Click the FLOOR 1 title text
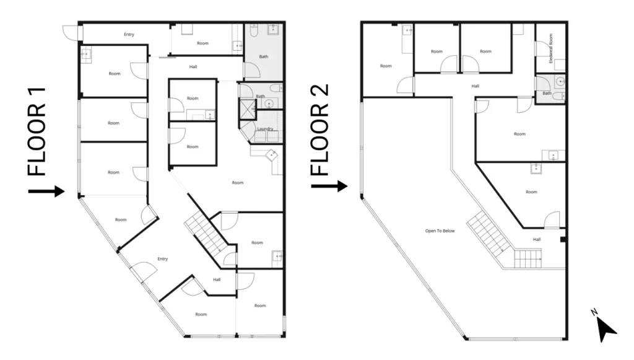[x=37, y=132]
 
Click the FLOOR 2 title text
[x=320, y=130]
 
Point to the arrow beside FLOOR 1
[x=46, y=191]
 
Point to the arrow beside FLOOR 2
[x=329, y=186]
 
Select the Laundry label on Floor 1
[x=265, y=129]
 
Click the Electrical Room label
[x=550, y=48]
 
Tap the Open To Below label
[x=440, y=231]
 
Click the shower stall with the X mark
[x=248, y=109]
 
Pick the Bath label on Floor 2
[x=547, y=93]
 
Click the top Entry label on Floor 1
[x=129, y=34]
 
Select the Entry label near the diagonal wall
[x=163, y=259]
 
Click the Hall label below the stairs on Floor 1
[x=217, y=279]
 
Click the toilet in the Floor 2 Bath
[x=559, y=96]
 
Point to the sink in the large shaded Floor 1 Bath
[x=274, y=29]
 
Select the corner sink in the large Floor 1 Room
[x=271, y=155]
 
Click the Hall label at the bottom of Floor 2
[x=537, y=239]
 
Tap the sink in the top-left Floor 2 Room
[x=407, y=30]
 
